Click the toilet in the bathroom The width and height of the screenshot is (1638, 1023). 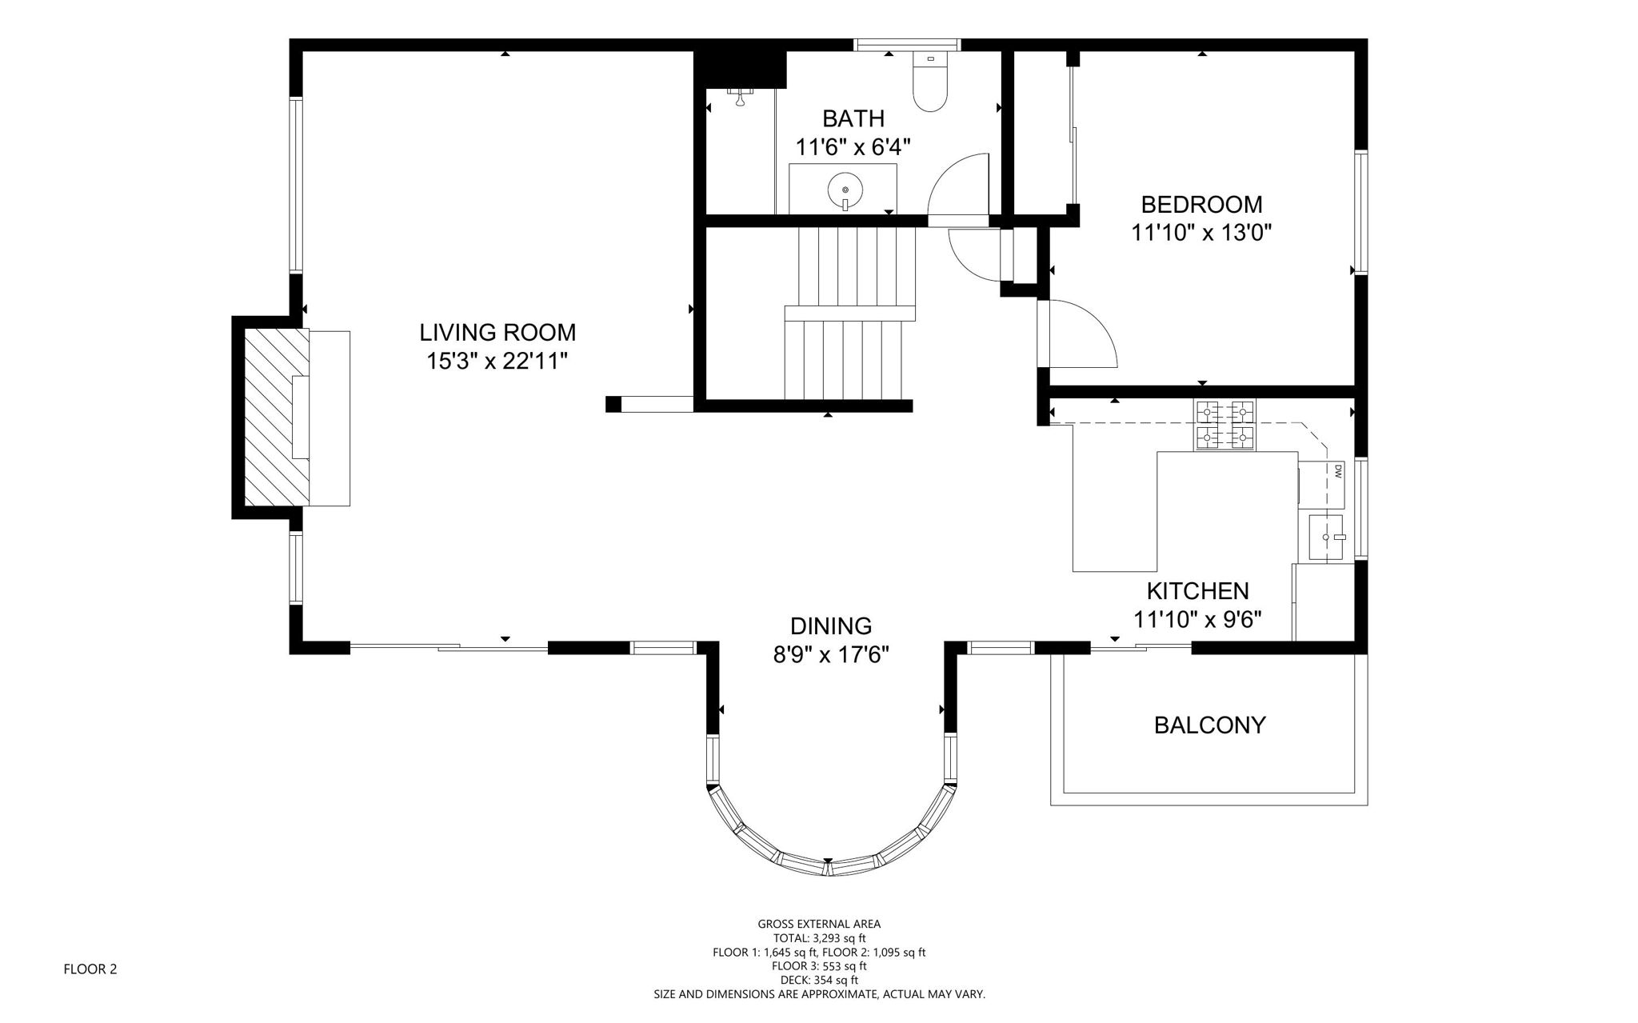pyautogui.click(x=930, y=82)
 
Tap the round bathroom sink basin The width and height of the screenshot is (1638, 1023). pyautogui.click(x=845, y=190)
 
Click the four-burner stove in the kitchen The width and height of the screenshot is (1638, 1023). pyautogui.click(x=1225, y=425)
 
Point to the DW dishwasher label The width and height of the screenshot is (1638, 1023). pyautogui.click(x=1336, y=472)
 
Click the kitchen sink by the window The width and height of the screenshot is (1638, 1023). pyautogui.click(x=1328, y=538)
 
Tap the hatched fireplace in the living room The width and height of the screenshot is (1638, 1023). pyautogui.click(x=276, y=417)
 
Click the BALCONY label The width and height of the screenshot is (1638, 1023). pyautogui.click(x=1209, y=725)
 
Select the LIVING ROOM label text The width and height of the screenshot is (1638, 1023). pyautogui.click(x=497, y=332)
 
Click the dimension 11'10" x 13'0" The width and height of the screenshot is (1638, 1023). pyautogui.click(x=1201, y=233)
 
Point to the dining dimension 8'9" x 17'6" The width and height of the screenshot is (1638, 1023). pyautogui.click(x=831, y=655)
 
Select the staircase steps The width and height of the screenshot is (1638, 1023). pyautogui.click(x=849, y=314)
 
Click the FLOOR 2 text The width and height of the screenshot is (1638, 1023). pyautogui.click(x=90, y=969)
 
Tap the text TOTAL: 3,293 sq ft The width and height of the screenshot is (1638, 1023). pyautogui.click(x=819, y=938)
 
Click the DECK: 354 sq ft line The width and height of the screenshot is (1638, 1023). pyautogui.click(x=819, y=980)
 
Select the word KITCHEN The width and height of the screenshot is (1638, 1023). pyautogui.click(x=1197, y=591)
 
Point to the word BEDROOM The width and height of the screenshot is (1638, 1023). pyautogui.click(x=1201, y=205)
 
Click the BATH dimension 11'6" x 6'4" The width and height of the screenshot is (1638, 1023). pyautogui.click(x=853, y=147)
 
